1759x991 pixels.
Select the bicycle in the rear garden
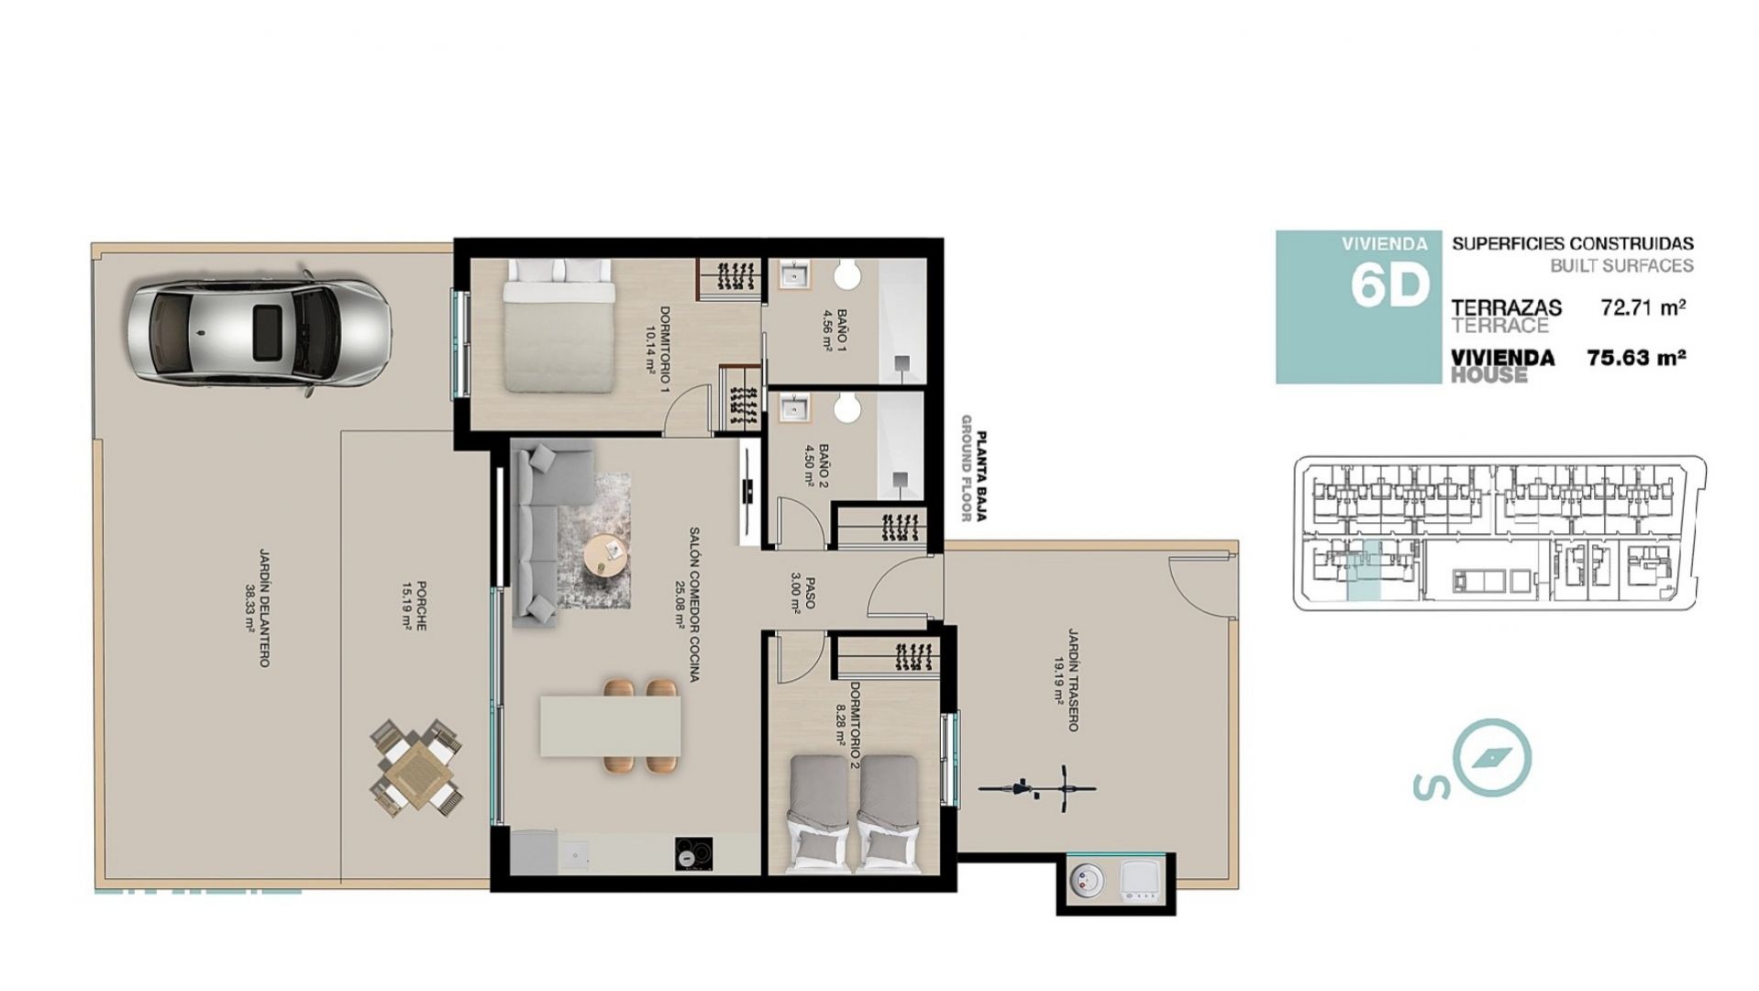click(1037, 787)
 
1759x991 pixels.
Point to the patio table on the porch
click(415, 769)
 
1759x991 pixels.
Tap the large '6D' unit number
click(1389, 286)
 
